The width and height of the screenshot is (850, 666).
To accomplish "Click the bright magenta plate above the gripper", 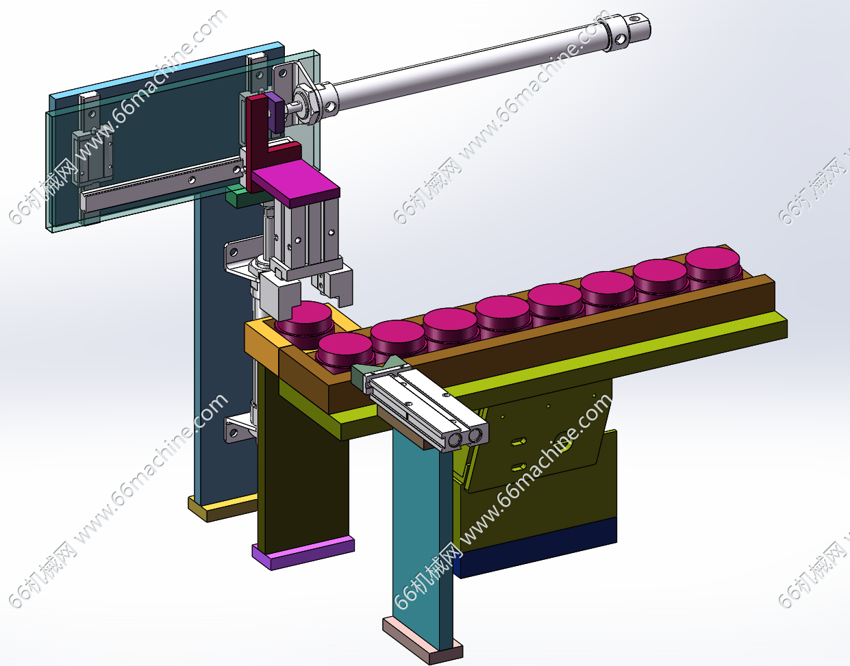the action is (x=296, y=183).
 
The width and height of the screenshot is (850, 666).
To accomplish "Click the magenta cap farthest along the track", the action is (x=713, y=265).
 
